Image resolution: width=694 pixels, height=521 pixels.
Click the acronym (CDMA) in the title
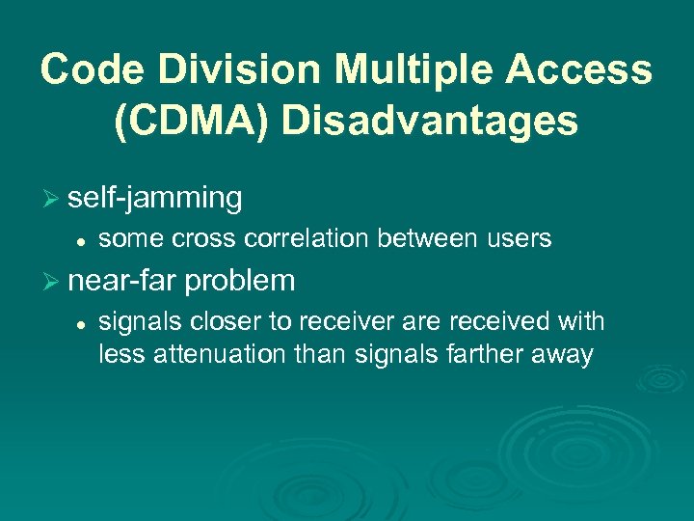click(x=192, y=122)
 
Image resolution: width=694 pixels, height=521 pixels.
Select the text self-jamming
click(x=155, y=198)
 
